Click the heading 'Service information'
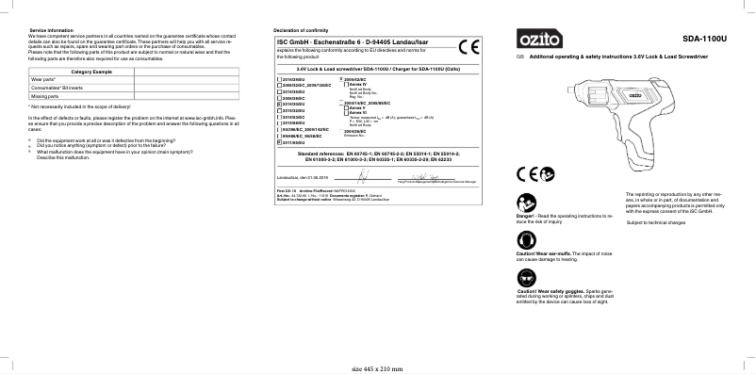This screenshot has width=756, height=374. click(x=52, y=32)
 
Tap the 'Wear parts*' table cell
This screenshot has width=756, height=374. click(x=44, y=81)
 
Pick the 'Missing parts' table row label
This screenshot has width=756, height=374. click(x=46, y=97)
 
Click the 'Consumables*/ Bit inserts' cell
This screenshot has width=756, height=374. click(x=59, y=89)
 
